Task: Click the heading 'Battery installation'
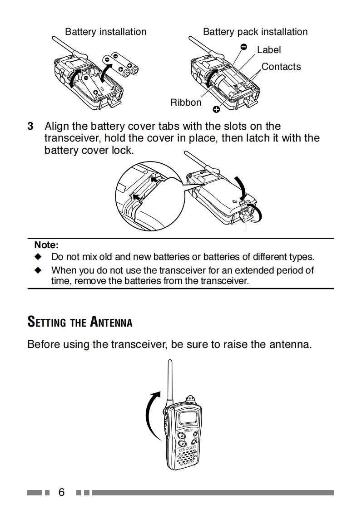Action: [x=105, y=32]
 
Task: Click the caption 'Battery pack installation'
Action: [x=255, y=32]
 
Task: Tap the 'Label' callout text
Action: [x=269, y=50]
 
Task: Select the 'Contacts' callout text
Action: [x=281, y=67]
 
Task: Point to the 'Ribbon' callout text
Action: [x=185, y=103]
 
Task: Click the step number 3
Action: [x=30, y=126]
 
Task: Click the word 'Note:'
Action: [x=46, y=245]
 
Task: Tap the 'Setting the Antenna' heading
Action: [x=80, y=322]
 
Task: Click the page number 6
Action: [x=61, y=493]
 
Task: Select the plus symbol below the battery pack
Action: [x=216, y=108]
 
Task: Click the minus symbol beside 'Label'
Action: [x=244, y=47]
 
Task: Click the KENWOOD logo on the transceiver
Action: [x=188, y=449]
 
